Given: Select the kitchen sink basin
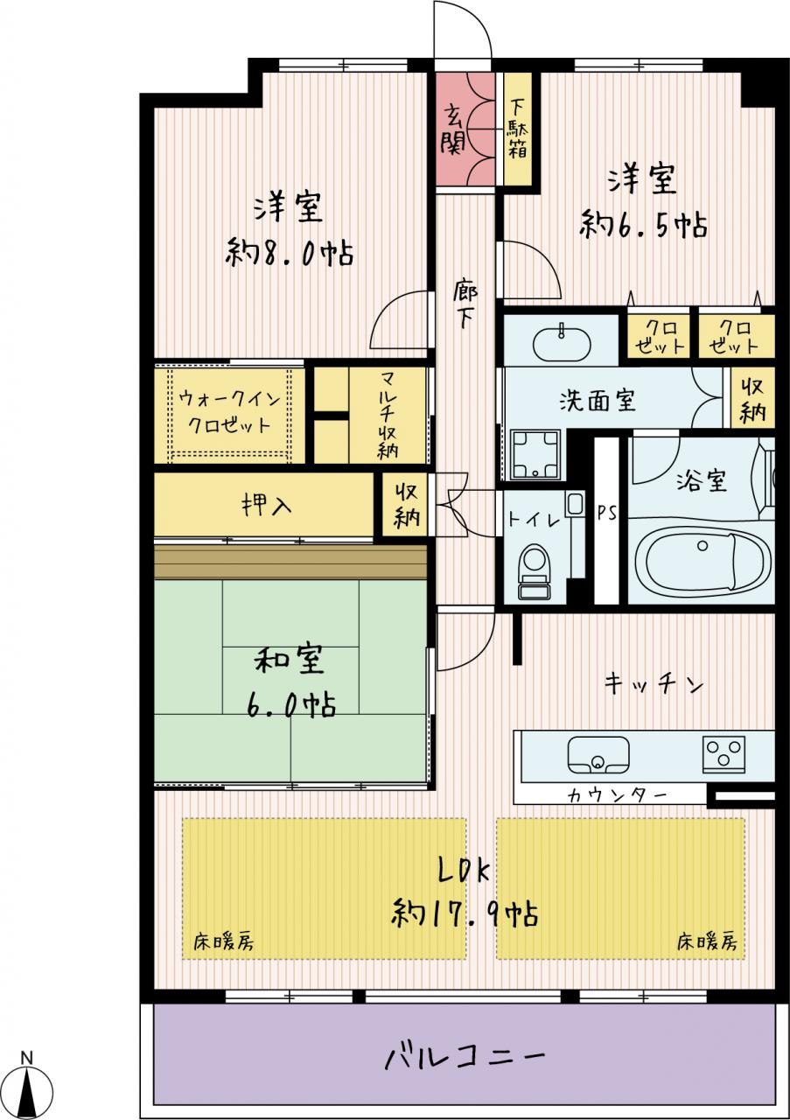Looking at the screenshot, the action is pyautogui.click(x=598, y=756).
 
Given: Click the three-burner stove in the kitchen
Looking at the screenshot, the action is pyautogui.click(x=724, y=754).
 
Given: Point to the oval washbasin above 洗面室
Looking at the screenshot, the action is pyautogui.click(x=562, y=344).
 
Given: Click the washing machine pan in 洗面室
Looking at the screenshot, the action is pyautogui.click(x=535, y=453).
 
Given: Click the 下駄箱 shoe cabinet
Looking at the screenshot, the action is pyautogui.click(x=518, y=129).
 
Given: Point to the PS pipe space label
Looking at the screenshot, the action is pyautogui.click(x=607, y=514).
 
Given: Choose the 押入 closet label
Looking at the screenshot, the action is pyautogui.click(x=267, y=506).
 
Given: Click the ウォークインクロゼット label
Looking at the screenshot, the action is pyautogui.click(x=229, y=412).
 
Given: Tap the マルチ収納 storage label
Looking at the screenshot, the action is pyautogui.click(x=388, y=416).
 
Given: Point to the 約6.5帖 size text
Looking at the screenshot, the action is pyautogui.click(x=644, y=225).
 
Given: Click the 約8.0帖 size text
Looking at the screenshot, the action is pyautogui.click(x=290, y=253).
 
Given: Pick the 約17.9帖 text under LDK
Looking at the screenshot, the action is pyautogui.click(x=465, y=913).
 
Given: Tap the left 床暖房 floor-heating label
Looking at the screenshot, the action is pyautogui.click(x=223, y=942).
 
